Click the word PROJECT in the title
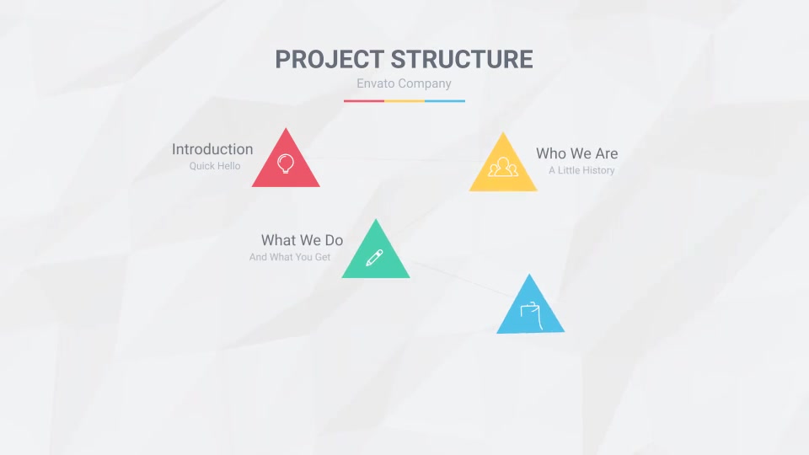329,59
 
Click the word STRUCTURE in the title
462,59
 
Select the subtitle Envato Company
404,83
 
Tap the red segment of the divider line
364,101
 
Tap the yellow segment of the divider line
404,101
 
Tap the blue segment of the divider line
445,101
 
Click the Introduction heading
212,149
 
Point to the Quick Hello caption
215,166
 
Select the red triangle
286,165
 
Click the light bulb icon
286,163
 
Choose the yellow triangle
503,169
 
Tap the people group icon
503,167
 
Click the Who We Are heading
576,153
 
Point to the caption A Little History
581,170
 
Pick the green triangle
376,256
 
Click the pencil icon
374,258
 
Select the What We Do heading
302,240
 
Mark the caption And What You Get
290,257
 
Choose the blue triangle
530,311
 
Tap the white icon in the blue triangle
531,314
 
